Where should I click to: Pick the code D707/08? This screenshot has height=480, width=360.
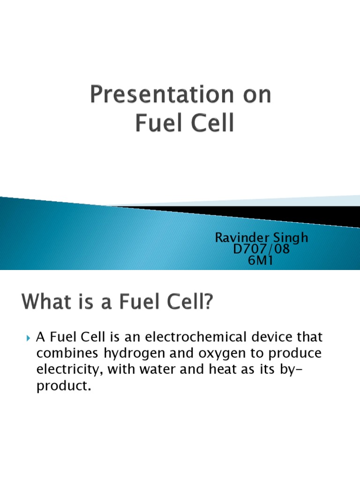pyautogui.click(x=261, y=249)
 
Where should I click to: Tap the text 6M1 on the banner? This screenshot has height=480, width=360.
pyautogui.click(x=261, y=261)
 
